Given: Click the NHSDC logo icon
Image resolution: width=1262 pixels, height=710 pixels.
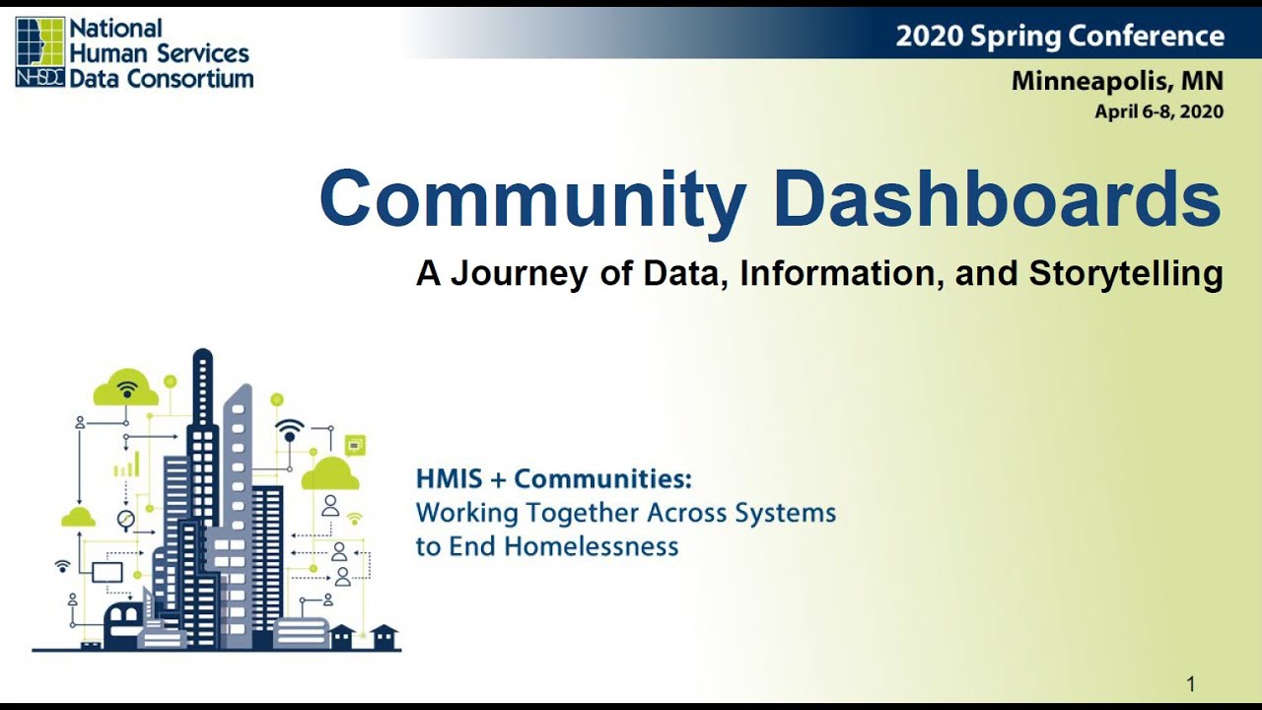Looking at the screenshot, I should point(40,51).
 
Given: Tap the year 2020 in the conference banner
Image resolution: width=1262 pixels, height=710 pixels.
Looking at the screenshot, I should point(929,36).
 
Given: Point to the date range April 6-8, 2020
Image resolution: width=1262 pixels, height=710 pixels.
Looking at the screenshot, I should point(1158,111).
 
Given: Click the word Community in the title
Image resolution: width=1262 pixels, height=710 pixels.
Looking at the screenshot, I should point(532,199).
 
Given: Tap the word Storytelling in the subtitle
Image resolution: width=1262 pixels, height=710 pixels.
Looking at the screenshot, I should point(1126,273).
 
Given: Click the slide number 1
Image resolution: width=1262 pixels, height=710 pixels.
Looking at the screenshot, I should point(1191,683).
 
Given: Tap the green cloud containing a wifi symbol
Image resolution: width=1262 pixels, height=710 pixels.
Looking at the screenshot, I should point(126,389).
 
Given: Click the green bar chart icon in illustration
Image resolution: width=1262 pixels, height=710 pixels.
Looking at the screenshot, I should point(126,465).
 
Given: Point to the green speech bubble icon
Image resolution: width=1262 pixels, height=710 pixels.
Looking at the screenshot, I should point(355,445).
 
